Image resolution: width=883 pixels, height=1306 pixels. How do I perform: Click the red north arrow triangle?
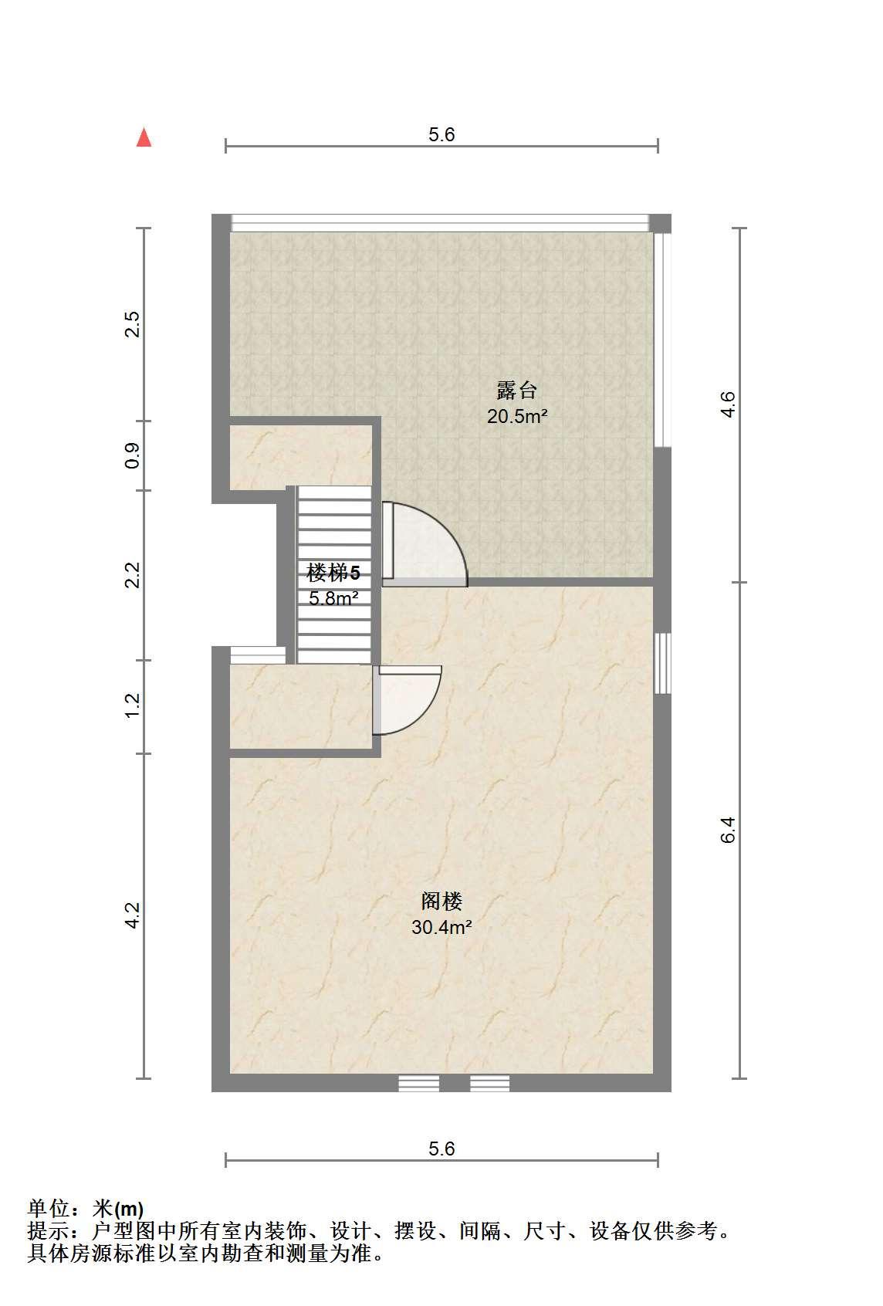tap(144, 137)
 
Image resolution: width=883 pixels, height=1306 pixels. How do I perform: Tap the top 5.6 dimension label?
tap(441, 134)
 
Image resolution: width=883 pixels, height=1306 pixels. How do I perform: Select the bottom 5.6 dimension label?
tap(441, 1149)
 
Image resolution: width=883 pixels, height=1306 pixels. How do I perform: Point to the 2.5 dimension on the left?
tap(133, 324)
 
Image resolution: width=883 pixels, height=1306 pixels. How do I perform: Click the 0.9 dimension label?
tap(133, 455)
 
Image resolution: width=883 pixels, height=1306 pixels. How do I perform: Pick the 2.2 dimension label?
tap(133, 575)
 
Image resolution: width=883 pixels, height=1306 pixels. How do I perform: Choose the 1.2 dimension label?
tap(133, 705)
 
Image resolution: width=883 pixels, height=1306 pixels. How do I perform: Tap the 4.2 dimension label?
tap(133, 915)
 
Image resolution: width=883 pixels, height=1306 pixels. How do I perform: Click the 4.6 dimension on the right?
tap(728, 404)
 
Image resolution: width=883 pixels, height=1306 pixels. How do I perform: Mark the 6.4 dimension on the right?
tap(728, 830)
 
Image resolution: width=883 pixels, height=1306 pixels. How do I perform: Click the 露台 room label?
tap(516, 390)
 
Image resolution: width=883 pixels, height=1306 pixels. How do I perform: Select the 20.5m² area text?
tap(517, 416)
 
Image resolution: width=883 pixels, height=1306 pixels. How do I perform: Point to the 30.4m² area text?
tap(441, 927)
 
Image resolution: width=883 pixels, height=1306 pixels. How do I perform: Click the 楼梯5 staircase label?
tap(333, 573)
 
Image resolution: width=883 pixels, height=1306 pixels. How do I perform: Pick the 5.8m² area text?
tap(333, 598)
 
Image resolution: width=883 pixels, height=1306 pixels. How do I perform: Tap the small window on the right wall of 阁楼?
tap(662, 664)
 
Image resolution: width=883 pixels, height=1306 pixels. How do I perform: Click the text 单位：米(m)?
tap(85, 1209)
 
